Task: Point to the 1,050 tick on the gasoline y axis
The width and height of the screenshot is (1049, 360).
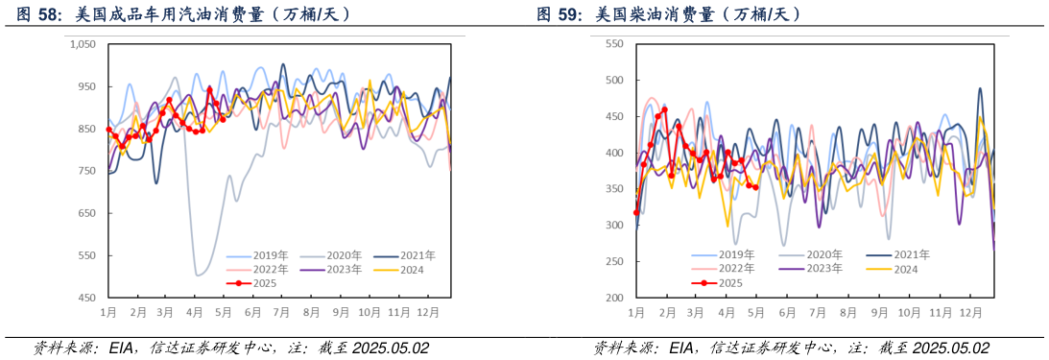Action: [83, 44]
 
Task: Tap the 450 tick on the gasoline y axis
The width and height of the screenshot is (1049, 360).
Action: [87, 298]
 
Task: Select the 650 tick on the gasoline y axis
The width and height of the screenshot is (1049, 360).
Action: [87, 213]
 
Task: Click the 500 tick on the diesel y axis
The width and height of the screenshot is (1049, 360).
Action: [615, 80]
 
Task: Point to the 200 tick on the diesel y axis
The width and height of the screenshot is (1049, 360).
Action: [615, 298]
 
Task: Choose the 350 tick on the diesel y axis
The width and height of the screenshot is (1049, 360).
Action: [615, 189]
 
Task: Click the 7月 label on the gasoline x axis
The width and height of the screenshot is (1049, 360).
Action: [282, 313]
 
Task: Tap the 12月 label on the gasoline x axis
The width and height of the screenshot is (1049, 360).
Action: [430, 313]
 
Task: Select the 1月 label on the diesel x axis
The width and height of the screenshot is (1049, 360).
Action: [635, 313]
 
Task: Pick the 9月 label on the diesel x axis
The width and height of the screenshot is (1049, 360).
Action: [877, 313]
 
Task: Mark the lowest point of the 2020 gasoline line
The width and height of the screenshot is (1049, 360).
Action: [198, 275]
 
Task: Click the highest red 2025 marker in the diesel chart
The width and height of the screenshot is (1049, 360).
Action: [664, 109]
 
